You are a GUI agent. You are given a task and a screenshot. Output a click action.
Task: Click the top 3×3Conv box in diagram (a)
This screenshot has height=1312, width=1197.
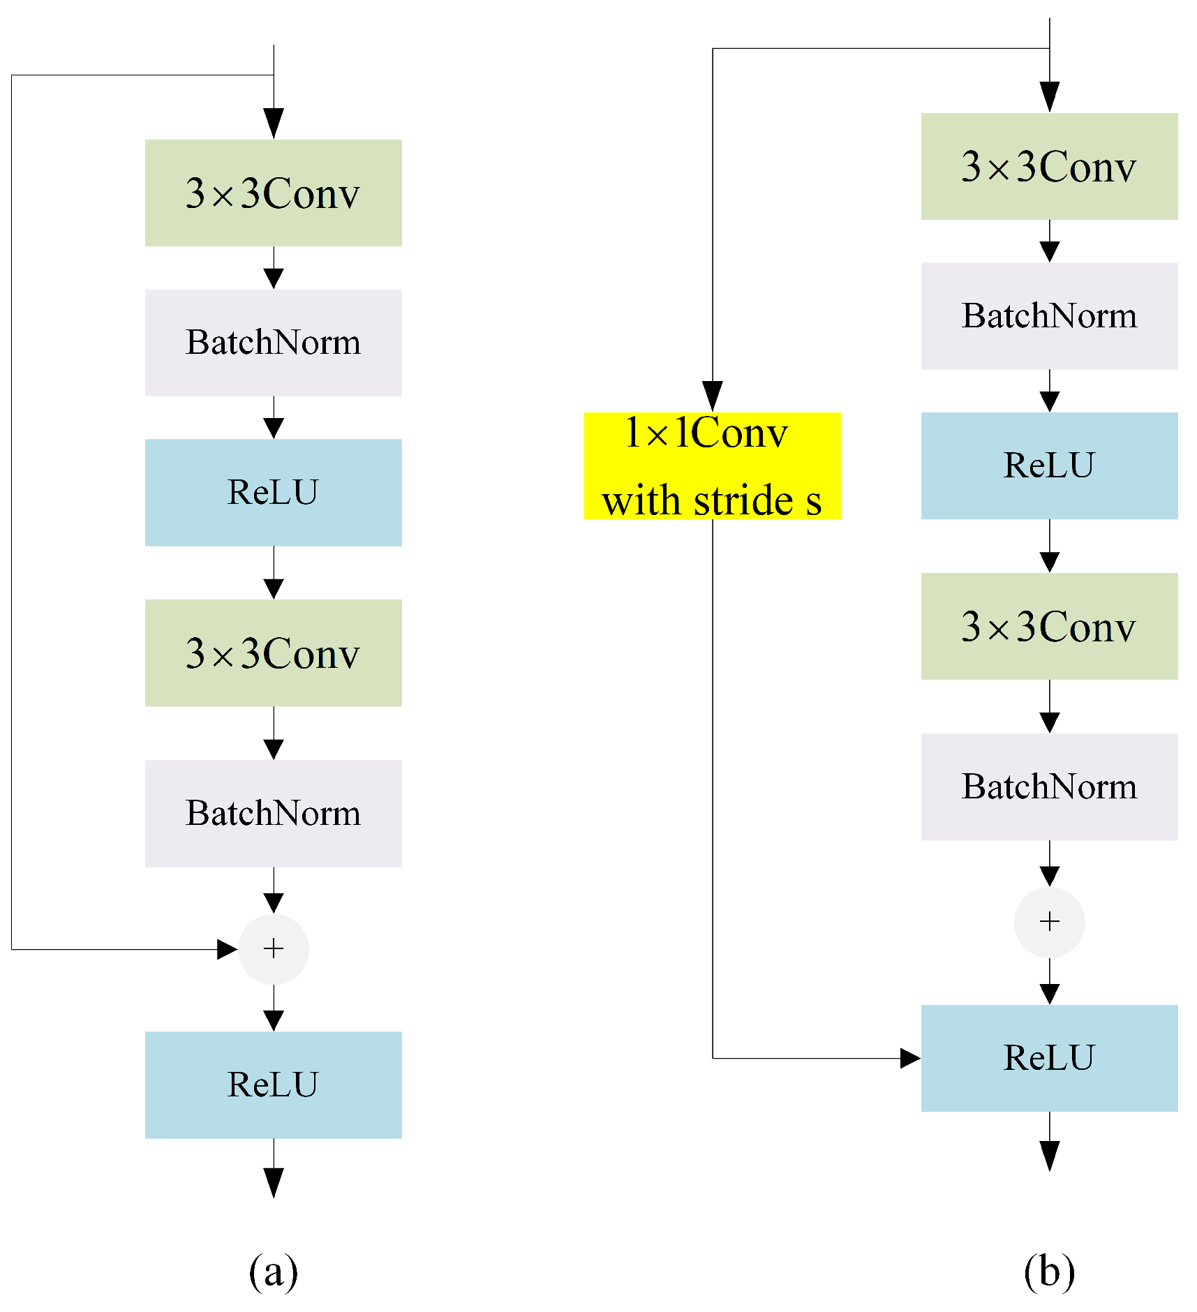coord(273,193)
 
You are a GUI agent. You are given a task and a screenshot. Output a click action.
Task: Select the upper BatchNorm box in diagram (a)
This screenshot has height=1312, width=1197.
coord(273,343)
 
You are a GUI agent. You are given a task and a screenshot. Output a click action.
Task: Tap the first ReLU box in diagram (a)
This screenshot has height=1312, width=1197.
coord(273,492)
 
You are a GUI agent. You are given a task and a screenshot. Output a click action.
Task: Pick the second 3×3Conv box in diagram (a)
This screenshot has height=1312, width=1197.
coord(273,653)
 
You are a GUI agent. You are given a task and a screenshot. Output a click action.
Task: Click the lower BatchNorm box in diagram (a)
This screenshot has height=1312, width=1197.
coord(273,813)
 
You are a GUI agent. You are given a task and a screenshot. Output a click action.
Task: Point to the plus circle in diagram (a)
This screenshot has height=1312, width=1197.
coord(274,948)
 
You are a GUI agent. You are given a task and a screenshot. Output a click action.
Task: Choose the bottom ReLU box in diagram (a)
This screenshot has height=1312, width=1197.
coord(273,1084)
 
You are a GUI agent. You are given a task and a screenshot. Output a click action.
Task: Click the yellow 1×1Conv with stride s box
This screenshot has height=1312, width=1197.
coord(712,465)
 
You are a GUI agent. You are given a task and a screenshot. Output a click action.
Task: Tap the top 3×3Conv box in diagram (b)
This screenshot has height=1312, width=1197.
coord(1049,166)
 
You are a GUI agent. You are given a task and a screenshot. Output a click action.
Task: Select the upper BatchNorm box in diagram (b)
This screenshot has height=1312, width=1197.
coord(1049,315)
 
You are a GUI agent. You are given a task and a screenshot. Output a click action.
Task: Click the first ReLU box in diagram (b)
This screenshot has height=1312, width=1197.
coord(1049,465)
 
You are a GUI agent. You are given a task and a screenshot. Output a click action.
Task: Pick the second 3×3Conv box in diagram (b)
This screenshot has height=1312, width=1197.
coord(1049,626)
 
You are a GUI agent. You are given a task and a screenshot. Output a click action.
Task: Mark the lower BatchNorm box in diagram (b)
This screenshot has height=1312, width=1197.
coord(1049,787)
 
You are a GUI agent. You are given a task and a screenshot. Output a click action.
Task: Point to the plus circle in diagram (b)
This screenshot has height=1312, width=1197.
coord(1049,922)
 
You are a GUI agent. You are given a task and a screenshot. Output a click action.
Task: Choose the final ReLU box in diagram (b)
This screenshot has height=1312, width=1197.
coord(1049,1058)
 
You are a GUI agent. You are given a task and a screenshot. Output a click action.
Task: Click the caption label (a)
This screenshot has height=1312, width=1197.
coord(273,1271)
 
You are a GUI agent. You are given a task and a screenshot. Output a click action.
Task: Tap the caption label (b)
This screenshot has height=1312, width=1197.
coord(1049,1271)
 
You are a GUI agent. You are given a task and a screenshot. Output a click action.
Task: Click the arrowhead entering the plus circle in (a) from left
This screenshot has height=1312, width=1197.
coord(227,949)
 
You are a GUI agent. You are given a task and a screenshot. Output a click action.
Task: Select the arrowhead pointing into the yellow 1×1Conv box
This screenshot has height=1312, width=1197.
coord(712,396)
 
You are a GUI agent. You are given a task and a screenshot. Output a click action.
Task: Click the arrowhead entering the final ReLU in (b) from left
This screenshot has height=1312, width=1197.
coord(909,1058)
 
